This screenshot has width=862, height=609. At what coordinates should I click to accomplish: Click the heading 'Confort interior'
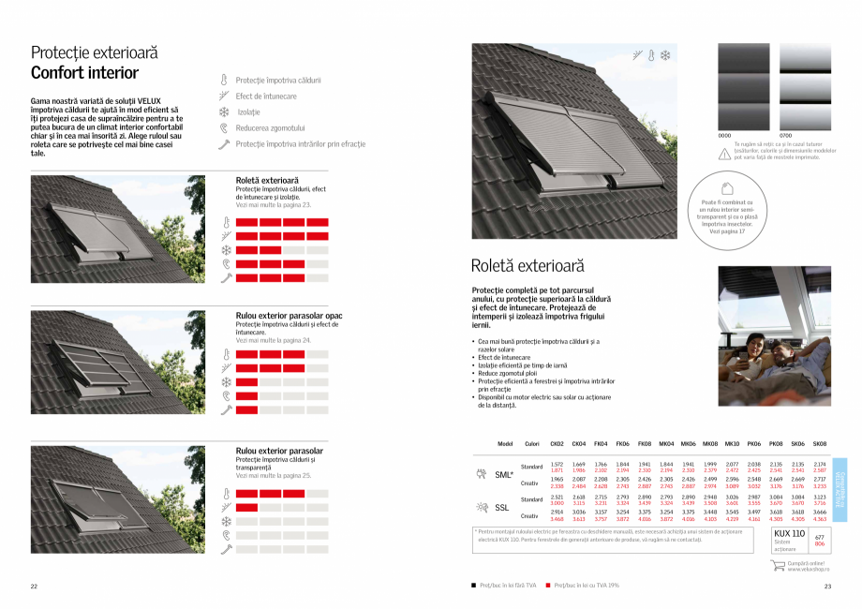coord(85,73)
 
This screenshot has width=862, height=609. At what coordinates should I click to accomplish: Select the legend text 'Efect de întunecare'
coord(266,97)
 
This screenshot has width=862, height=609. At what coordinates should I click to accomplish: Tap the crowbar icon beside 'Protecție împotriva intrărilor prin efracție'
coord(224,144)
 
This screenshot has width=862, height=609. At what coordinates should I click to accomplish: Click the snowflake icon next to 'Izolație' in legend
coord(224,112)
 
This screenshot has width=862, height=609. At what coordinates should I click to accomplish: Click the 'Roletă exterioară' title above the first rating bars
coord(267,180)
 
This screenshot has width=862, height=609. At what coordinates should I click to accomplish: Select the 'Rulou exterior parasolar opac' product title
coord(289,316)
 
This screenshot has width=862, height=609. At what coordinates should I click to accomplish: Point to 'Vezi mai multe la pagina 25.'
coord(274,477)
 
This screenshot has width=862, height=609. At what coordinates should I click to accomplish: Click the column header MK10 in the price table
coord(732,444)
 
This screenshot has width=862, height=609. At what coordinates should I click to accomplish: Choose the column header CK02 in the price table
coord(557,444)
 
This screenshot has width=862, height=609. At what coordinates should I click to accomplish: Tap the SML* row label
coord(504,475)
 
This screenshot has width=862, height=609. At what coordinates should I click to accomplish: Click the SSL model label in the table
coord(502,508)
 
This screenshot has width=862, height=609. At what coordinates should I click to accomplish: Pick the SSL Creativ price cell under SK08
coord(820,515)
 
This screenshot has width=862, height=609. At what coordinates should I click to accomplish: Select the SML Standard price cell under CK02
coord(557,467)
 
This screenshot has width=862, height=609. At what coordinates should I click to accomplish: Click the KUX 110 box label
coord(789,533)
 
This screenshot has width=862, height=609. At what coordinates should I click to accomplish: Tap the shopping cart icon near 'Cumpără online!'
coord(777,565)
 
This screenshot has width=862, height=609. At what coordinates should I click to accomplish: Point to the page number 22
coord(34,587)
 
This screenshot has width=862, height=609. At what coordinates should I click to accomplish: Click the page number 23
coord(827,587)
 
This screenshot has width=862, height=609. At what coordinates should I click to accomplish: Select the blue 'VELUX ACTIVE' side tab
coord(839,485)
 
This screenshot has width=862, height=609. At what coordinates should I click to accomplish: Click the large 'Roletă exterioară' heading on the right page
coord(528,266)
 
